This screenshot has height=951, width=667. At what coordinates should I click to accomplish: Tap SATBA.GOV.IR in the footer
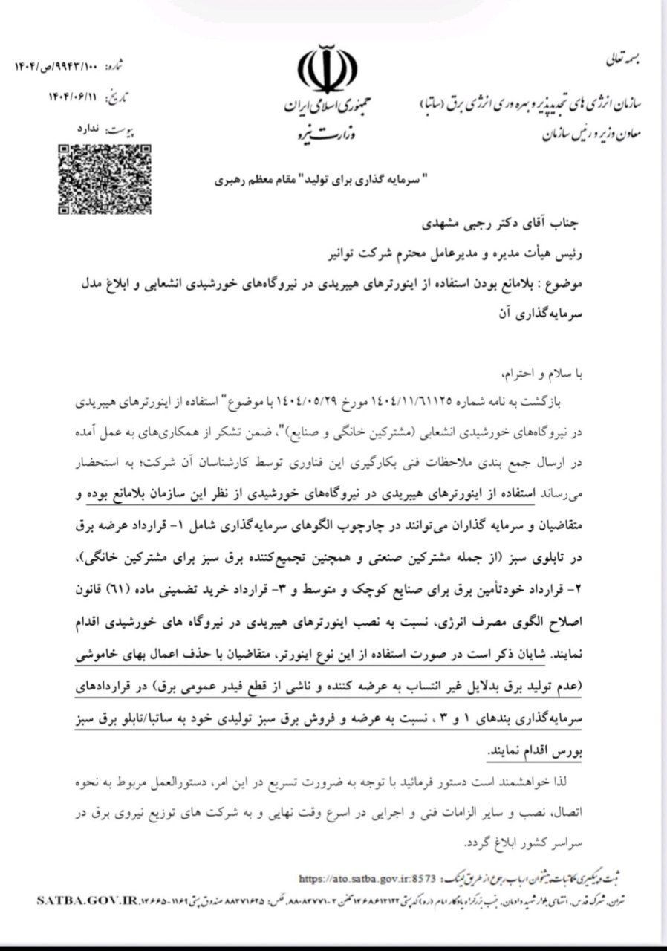click(x=80, y=900)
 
